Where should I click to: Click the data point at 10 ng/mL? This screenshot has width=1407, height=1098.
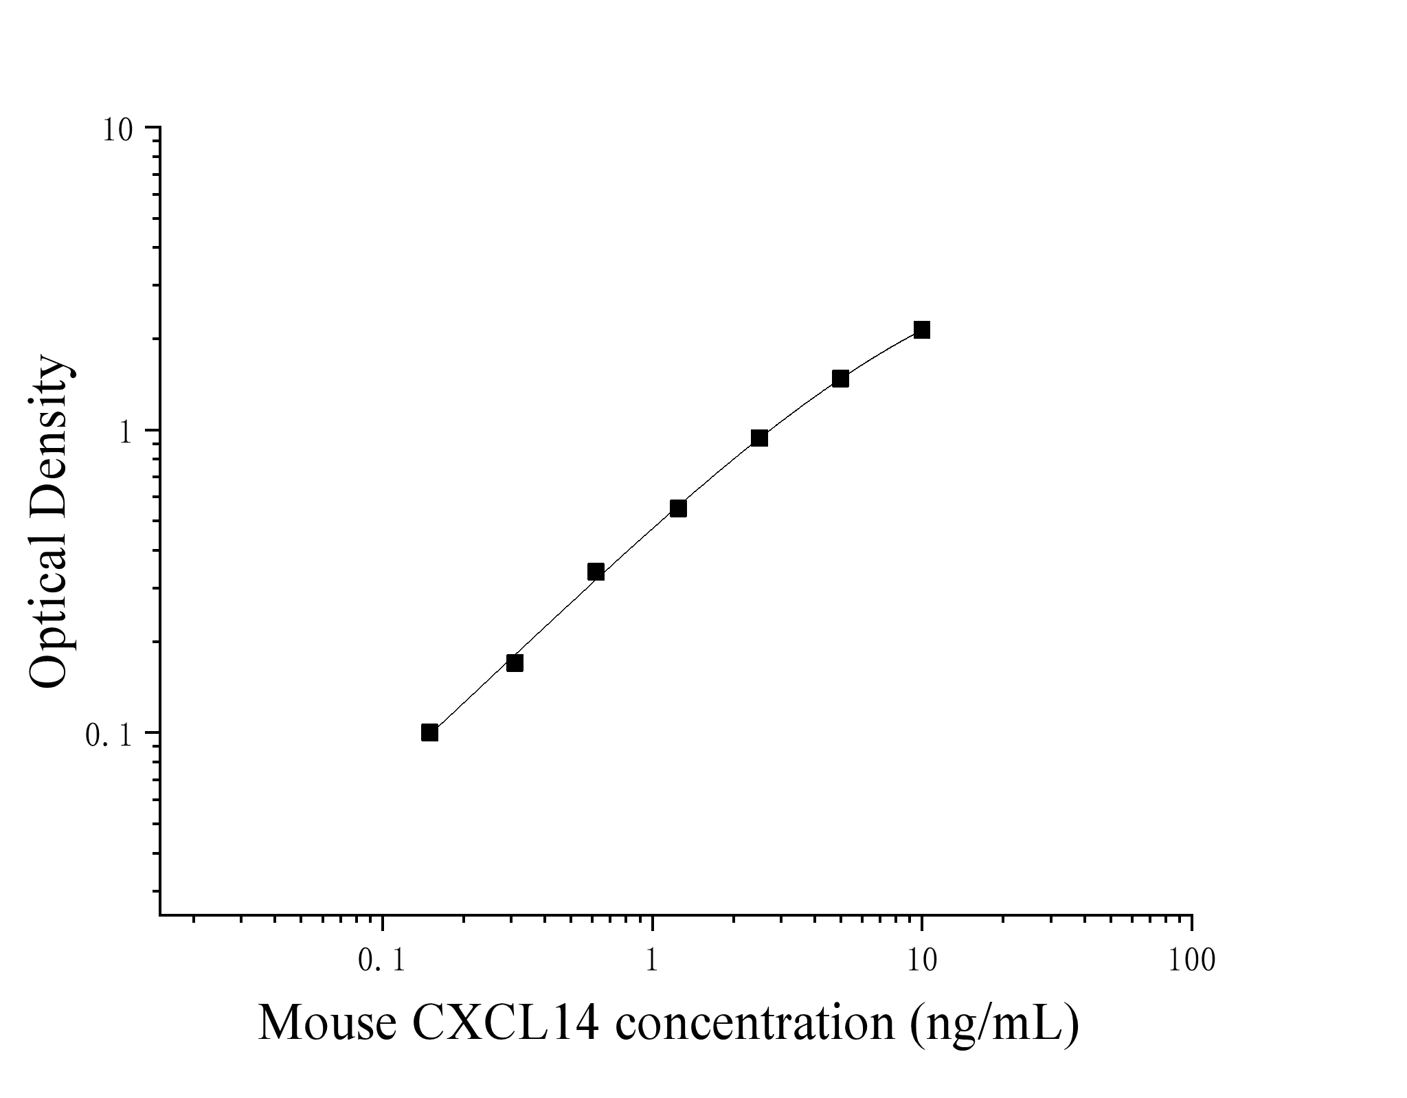[922, 330]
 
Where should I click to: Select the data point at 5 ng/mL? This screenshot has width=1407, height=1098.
[840, 379]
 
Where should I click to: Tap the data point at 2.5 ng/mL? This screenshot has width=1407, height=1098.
[759, 438]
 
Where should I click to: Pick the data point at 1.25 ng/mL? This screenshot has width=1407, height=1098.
[678, 508]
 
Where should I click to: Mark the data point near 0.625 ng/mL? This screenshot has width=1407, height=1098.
[596, 572]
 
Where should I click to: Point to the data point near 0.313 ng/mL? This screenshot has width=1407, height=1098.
[515, 662]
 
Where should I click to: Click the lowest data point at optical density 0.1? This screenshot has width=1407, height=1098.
[429, 732]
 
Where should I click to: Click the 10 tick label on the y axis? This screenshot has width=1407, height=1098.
[117, 130]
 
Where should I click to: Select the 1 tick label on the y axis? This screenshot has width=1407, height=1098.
[126, 432]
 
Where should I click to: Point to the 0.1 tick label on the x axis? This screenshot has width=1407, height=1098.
[382, 961]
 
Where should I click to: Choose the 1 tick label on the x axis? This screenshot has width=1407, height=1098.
[652, 961]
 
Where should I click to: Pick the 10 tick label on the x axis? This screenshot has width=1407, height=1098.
[922, 961]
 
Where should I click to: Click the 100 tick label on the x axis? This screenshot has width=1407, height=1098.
[1191, 961]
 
